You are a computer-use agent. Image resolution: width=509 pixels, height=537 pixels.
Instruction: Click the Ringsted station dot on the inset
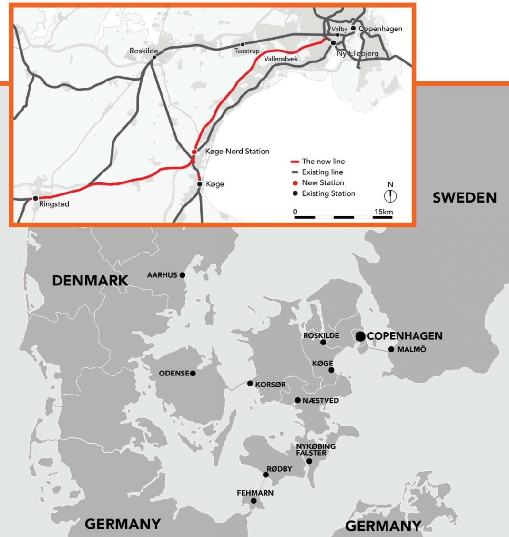tap(35, 198)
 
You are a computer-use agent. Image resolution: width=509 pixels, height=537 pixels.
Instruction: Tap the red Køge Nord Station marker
tap(194, 152)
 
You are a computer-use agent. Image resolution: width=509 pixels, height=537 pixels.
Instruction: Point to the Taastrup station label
tap(247, 51)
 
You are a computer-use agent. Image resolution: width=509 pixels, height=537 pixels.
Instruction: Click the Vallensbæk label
tap(281, 59)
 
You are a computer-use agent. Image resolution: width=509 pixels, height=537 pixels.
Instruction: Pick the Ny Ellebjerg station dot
tap(333, 43)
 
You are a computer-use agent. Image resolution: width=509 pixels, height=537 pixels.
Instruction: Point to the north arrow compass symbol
tap(390, 195)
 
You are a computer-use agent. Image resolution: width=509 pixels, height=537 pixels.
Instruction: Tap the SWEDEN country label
tap(464, 197)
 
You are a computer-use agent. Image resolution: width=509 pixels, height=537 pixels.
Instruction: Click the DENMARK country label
tap(90, 281)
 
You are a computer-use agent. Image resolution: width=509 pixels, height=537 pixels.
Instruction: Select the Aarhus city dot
tap(182, 275)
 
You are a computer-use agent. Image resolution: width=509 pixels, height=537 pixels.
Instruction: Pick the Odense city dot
tap(193, 374)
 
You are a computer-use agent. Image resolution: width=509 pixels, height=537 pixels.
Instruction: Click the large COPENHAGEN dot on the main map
tap(360, 336)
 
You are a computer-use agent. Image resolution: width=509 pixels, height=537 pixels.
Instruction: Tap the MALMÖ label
tap(411, 349)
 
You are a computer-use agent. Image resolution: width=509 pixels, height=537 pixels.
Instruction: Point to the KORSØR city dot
tap(250, 384)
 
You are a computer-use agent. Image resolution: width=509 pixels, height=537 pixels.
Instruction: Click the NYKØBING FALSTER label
tap(316, 449)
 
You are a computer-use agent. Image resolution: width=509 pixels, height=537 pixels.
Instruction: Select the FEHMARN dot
tap(254, 501)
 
